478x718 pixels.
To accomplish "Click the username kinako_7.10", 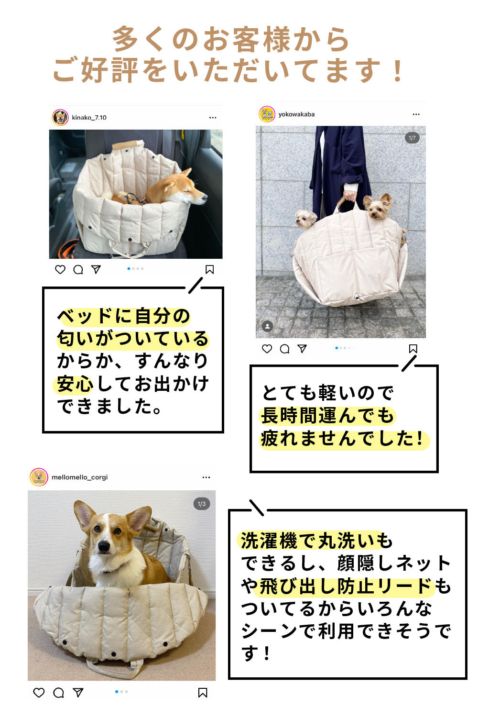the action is click(x=89, y=118).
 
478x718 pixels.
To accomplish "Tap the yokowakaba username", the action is click(x=296, y=114).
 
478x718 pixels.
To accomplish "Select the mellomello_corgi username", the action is click(x=79, y=477).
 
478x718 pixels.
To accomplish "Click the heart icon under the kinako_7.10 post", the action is click(x=60, y=270).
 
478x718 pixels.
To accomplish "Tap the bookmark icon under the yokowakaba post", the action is click(x=413, y=349).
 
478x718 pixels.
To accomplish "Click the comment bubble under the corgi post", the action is click(x=58, y=693).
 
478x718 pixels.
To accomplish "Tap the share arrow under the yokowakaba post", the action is click(x=302, y=348).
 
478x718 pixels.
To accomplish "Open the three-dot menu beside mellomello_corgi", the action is click(x=206, y=477).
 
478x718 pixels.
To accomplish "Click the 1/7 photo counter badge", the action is click(x=412, y=138).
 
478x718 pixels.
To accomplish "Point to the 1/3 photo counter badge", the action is click(x=202, y=504).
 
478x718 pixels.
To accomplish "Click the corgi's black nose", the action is click(x=104, y=546).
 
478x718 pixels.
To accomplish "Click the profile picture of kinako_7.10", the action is click(x=60, y=118).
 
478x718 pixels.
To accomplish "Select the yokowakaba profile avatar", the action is click(x=267, y=114).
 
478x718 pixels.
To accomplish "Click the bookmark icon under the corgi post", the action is click(x=203, y=693).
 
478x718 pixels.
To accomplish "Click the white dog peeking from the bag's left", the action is click(x=306, y=220).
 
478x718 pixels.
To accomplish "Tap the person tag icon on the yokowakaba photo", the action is click(x=268, y=326).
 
